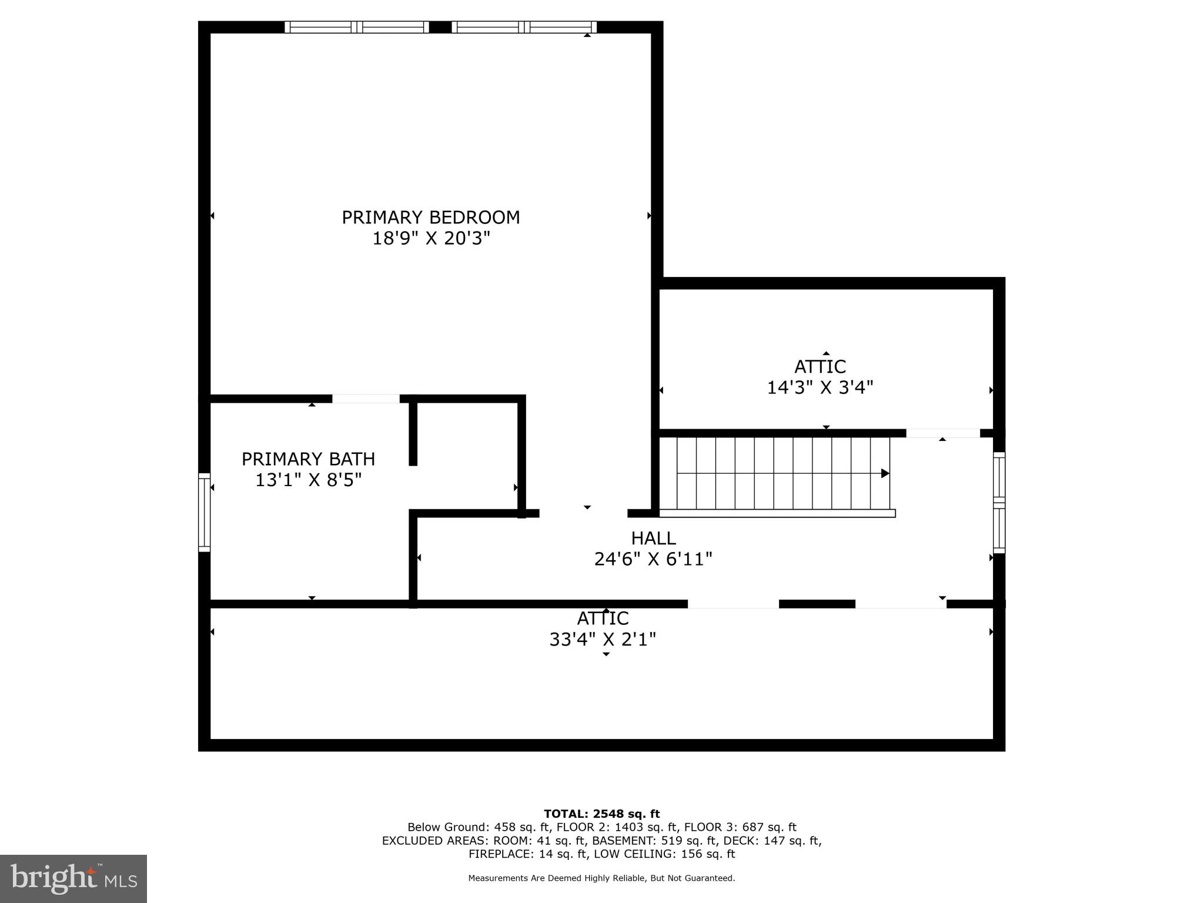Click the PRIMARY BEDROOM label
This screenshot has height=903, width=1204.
coord(430,218)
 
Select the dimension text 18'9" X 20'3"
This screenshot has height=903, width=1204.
coord(430,239)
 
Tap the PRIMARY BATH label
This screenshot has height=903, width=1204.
coord(308,459)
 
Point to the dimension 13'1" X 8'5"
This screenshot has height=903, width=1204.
coord(308,480)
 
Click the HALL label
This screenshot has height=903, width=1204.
coord(653,538)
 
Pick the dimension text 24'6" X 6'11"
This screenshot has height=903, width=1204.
coord(653,559)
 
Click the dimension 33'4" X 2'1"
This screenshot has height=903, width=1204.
coord(603,640)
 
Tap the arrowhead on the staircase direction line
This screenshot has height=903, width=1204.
coord(885,473)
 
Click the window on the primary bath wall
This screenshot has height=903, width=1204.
coord(204,512)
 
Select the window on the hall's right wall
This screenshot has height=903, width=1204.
coord(999,503)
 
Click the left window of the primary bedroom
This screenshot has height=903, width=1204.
coord(357,27)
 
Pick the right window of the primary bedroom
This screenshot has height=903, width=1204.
coord(524,27)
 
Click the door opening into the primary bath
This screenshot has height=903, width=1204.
coord(366,399)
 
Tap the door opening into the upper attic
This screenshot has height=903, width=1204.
coord(942,433)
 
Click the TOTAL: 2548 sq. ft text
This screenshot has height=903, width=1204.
coord(601,814)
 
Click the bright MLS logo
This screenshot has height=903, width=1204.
coord(73,878)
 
